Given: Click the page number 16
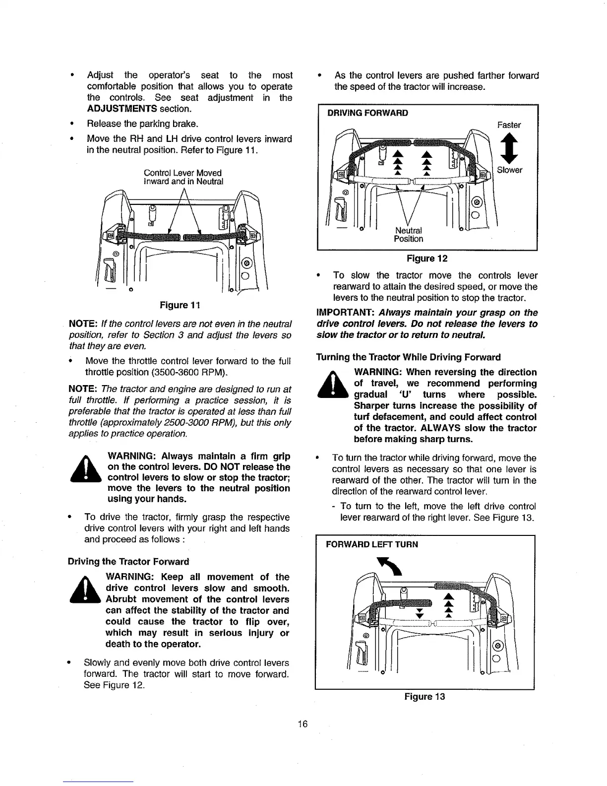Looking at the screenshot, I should pyautogui.click(x=303, y=724).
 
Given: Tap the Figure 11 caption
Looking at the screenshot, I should pyautogui.click(x=180, y=304).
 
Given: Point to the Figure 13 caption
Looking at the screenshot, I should pyautogui.click(x=425, y=697).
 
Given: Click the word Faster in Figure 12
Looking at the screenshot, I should pyautogui.click(x=509, y=125).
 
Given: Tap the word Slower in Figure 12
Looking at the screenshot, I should pyautogui.click(x=510, y=170).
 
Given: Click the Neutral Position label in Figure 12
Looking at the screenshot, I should pyautogui.click(x=409, y=235).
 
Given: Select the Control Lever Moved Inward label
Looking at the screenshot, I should pyautogui.click(x=183, y=177).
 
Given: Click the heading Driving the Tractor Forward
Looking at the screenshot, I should pyautogui.click(x=128, y=562).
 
